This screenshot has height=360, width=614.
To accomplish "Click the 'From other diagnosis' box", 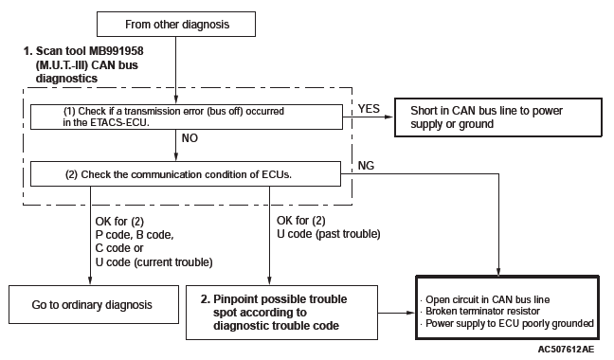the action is click(x=176, y=25).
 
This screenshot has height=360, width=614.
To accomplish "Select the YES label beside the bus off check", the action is click(x=369, y=108).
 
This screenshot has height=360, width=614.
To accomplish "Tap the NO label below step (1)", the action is click(x=190, y=138).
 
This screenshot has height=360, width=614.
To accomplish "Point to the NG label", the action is click(x=366, y=166).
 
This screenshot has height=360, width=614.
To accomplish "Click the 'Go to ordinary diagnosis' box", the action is click(x=94, y=304).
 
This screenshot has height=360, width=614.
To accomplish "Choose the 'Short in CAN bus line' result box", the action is click(x=498, y=117).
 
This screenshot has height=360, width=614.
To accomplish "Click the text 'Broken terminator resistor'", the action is click(x=482, y=311).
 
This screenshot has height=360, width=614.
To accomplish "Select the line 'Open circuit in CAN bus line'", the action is click(x=488, y=299).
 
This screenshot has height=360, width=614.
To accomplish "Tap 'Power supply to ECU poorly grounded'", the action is click(x=510, y=324).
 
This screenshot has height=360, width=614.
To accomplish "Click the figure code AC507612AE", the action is click(x=566, y=349).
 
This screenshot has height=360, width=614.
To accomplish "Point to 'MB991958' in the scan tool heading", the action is click(x=117, y=51).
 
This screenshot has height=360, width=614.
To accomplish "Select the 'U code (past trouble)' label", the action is click(x=329, y=234).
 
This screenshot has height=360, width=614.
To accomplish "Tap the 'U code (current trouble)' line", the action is click(x=153, y=262).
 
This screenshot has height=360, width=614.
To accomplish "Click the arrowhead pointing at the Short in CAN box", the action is click(x=388, y=117).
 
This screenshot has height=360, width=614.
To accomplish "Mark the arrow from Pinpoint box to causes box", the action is click(x=396, y=313).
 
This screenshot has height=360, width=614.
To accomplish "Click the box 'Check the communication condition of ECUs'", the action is click(x=186, y=173).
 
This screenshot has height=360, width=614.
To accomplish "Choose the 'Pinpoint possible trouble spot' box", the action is click(x=282, y=313).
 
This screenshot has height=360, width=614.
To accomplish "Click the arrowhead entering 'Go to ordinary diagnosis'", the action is click(x=90, y=280).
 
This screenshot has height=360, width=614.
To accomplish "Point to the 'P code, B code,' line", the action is click(x=135, y=235).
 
